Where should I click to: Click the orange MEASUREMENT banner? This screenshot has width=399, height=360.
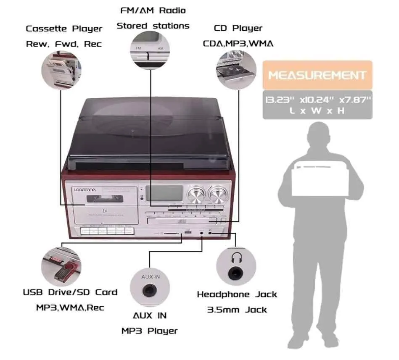coord(317,76)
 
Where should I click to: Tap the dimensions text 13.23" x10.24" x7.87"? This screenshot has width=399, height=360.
coord(317,100)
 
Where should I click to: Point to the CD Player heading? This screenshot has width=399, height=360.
coord(238,28)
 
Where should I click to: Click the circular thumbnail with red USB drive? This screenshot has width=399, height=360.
coord(61,266)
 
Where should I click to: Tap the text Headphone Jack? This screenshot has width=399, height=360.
coord(237,294)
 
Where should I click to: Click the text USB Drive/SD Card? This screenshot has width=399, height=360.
coord(70,292)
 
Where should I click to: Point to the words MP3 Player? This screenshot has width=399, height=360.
coord(149,331)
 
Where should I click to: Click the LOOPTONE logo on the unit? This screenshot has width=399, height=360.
coord(85,190)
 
